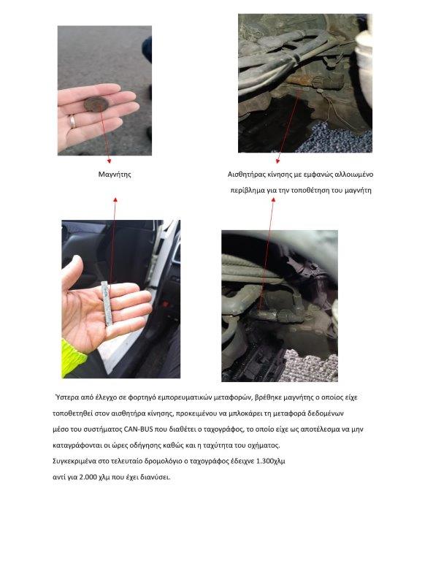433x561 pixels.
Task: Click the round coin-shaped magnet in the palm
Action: click(96, 104)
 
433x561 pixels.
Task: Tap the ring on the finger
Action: click(72, 122)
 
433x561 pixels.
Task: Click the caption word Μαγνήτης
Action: click(115, 175)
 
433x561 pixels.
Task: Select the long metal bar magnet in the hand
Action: click(107, 303)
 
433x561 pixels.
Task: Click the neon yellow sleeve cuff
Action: click(72, 358)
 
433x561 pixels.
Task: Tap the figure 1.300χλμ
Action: click(271, 461)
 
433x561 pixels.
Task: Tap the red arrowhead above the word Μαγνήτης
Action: click(115, 200)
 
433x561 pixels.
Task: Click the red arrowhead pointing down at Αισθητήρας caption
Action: click(277, 161)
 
